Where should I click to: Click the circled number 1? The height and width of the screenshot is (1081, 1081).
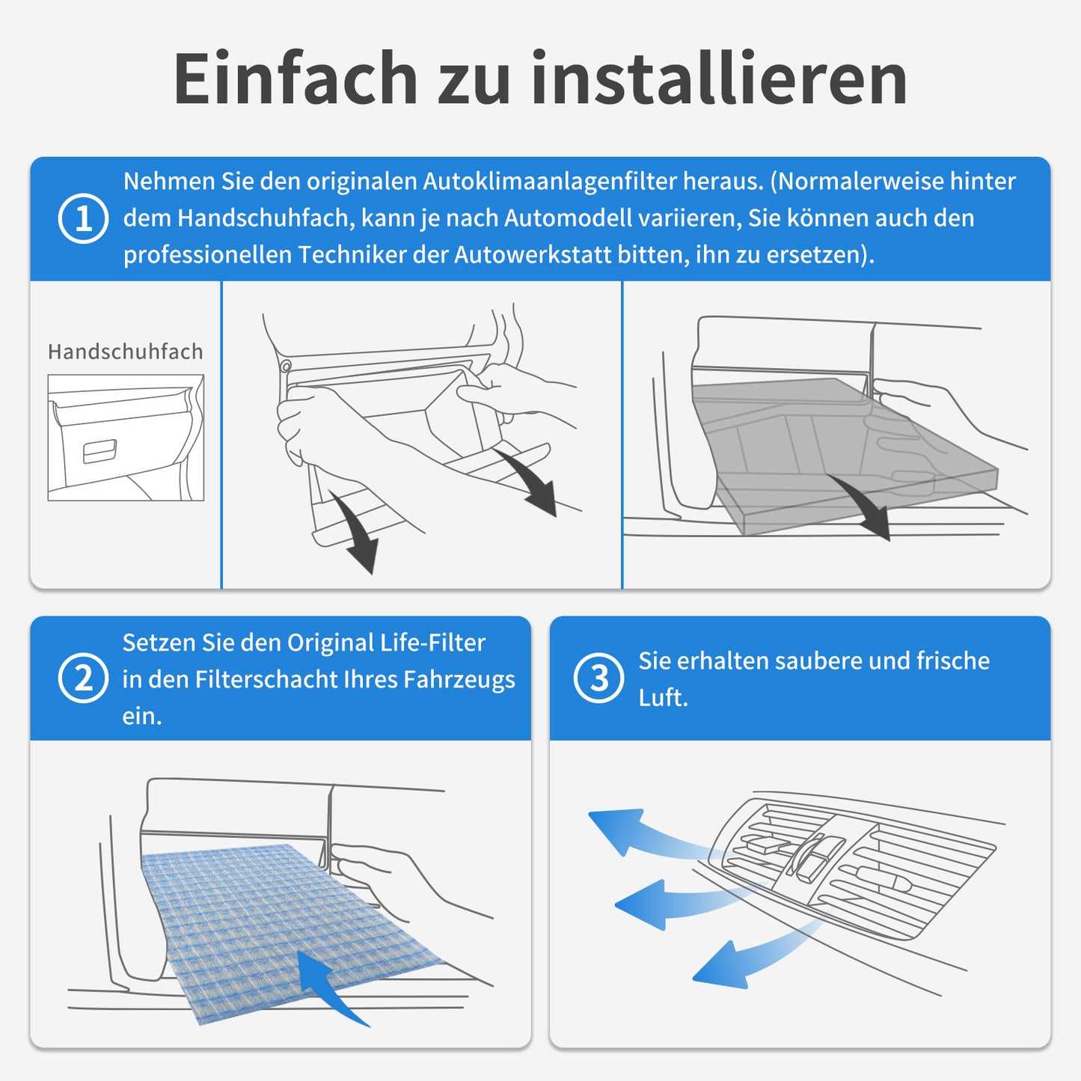[83, 218]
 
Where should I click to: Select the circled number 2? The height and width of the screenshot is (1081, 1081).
[83, 678]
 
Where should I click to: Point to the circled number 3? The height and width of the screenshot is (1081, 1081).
[598, 678]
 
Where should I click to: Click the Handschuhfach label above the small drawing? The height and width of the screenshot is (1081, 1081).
[125, 352]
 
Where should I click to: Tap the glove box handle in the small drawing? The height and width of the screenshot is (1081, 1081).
[99, 451]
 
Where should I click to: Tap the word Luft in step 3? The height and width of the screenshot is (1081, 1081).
[663, 698]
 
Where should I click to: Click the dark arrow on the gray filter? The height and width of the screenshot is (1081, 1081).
[860, 502]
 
